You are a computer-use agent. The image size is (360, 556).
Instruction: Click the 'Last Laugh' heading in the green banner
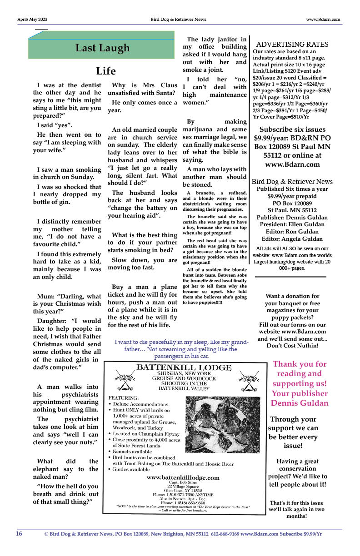(x=102, y=48)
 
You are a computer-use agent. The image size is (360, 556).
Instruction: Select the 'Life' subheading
(x=106, y=71)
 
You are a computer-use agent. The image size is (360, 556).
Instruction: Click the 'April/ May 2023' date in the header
(x=32, y=20)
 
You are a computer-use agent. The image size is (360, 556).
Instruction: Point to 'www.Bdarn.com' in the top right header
(x=324, y=20)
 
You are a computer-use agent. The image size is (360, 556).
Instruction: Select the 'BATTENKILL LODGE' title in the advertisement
(x=184, y=367)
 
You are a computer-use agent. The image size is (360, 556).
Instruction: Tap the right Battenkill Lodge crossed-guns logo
(x=248, y=382)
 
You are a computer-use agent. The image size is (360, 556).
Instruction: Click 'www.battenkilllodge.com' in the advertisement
(x=183, y=477)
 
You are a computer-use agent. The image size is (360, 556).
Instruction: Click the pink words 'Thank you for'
(x=300, y=364)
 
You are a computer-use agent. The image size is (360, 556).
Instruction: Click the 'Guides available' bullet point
(x=131, y=469)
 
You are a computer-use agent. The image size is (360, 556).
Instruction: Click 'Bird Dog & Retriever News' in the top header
(x=178, y=20)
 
